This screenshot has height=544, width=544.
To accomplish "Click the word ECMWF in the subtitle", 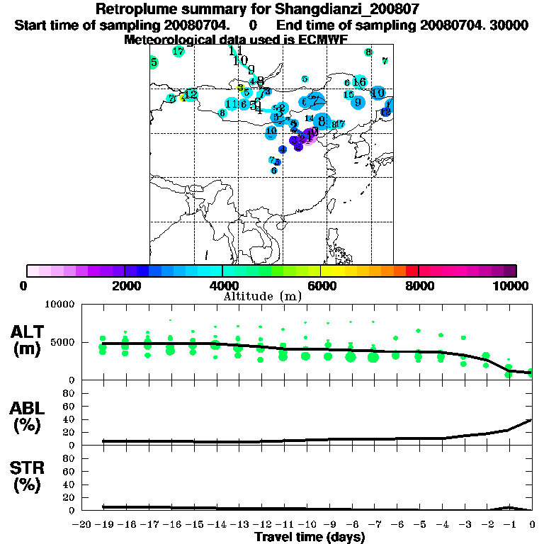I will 323,40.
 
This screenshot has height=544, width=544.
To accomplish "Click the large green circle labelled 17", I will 178,52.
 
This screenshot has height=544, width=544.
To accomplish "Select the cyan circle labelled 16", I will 360,82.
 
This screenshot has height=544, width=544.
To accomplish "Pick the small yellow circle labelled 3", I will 240,88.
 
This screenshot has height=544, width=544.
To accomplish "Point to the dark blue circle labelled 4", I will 282,149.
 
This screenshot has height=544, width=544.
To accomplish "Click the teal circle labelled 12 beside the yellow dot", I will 191,95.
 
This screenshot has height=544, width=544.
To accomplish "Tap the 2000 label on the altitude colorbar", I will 125,285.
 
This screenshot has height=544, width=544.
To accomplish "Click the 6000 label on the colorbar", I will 321,285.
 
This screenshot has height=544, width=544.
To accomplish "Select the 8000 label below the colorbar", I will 419,285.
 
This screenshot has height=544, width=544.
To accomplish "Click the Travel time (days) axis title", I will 310,538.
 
